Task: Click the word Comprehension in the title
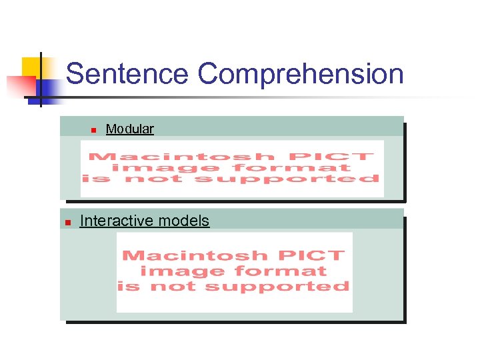point(301,74)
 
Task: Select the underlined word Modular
point(129,129)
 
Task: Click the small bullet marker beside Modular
point(94,129)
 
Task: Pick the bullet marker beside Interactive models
point(67,223)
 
